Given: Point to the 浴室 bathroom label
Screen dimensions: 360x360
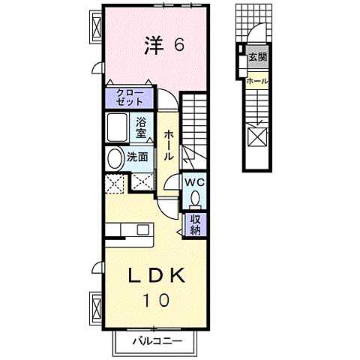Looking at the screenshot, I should tap(142, 127).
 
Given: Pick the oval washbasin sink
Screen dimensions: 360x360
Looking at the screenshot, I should tap(114, 158).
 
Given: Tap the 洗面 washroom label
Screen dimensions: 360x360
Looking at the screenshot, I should tap(137, 157).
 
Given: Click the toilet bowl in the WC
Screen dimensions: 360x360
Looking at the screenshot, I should tap(195, 198).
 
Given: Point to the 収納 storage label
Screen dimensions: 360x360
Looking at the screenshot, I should tap(195, 224).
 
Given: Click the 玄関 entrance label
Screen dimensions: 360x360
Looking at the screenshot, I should tap(258, 56).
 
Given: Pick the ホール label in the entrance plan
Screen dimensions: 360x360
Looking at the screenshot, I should tap(257, 80).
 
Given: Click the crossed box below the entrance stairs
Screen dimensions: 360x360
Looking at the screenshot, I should tap(257, 138).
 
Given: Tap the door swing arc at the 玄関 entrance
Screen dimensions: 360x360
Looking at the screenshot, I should tap(255, 34).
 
